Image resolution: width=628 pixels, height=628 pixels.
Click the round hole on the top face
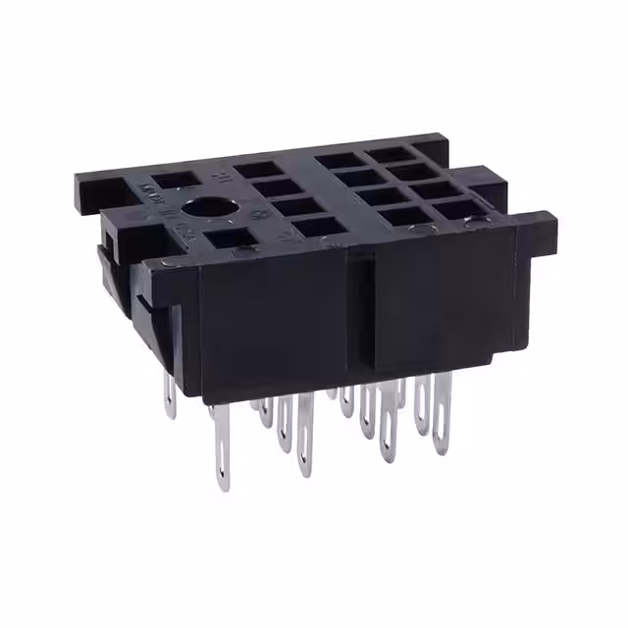click(208, 208)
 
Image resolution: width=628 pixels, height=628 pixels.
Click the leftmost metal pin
click(170, 397)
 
